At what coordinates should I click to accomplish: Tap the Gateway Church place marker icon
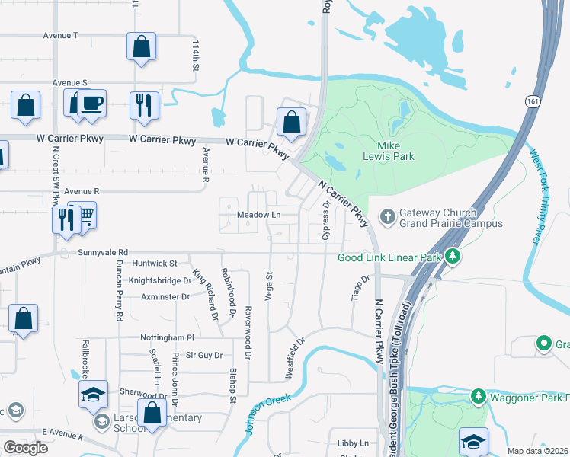click(387, 218)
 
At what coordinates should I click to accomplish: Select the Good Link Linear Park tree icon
click(453, 257)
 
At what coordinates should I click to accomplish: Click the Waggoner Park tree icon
click(478, 396)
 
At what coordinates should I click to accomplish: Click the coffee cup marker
click(92, 103)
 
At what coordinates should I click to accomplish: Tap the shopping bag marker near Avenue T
click(142, 46)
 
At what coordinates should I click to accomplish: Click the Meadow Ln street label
click(259, 216)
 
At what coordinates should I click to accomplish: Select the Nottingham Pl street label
click(167, 337)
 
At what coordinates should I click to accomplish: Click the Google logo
click(26, 448)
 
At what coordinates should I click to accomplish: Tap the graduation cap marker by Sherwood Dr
click(93, 394)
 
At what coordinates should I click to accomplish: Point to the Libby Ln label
click(353, 443)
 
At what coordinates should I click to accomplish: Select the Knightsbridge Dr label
click(160, 280)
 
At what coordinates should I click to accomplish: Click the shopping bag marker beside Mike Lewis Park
click(291, 120)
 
